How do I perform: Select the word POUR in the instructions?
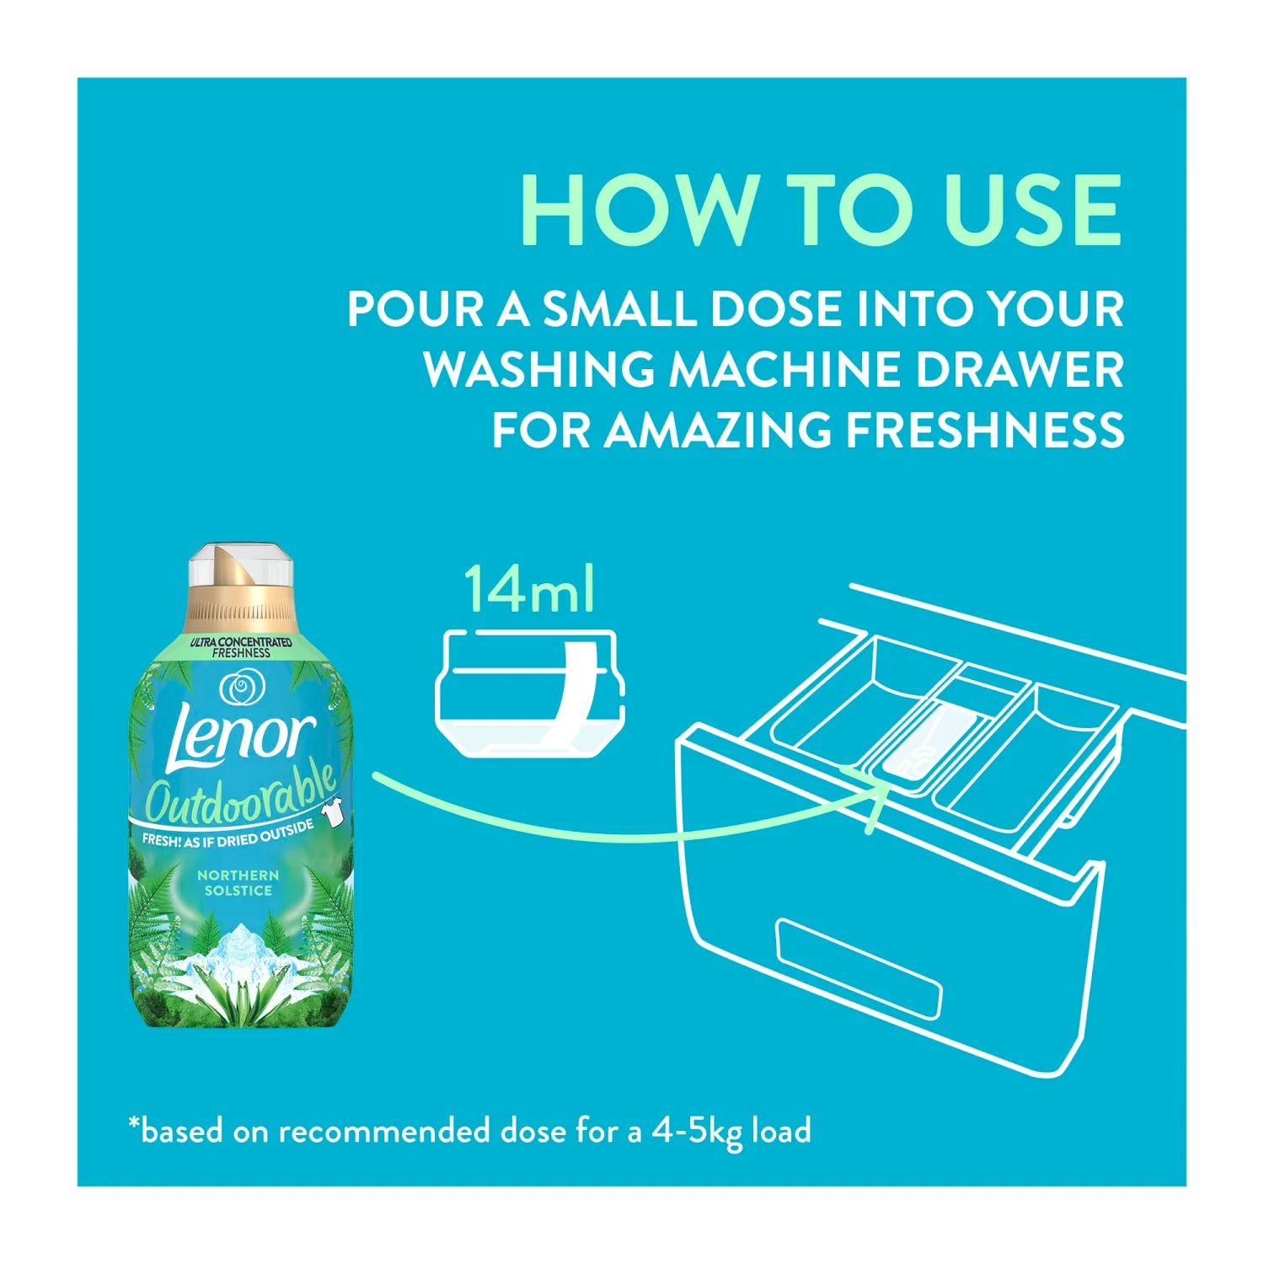pyautogui.click(x=415, y=309)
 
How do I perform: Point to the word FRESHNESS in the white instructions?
pyautogui.click(x=985, y=430)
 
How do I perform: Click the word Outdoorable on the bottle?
pyautogui.click(x=241, y=793)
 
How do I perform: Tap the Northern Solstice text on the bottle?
pyautogui.click(x=238, y=883)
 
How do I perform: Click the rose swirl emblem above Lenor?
pyautogui.click(x=239, y=688)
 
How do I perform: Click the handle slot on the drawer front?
pyautogui.click(x=859, y=969)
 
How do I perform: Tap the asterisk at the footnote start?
pyautogui.click(x=133, y=1123)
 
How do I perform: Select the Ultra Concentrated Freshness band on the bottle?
pyautogui.click(x=241, y=647)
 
